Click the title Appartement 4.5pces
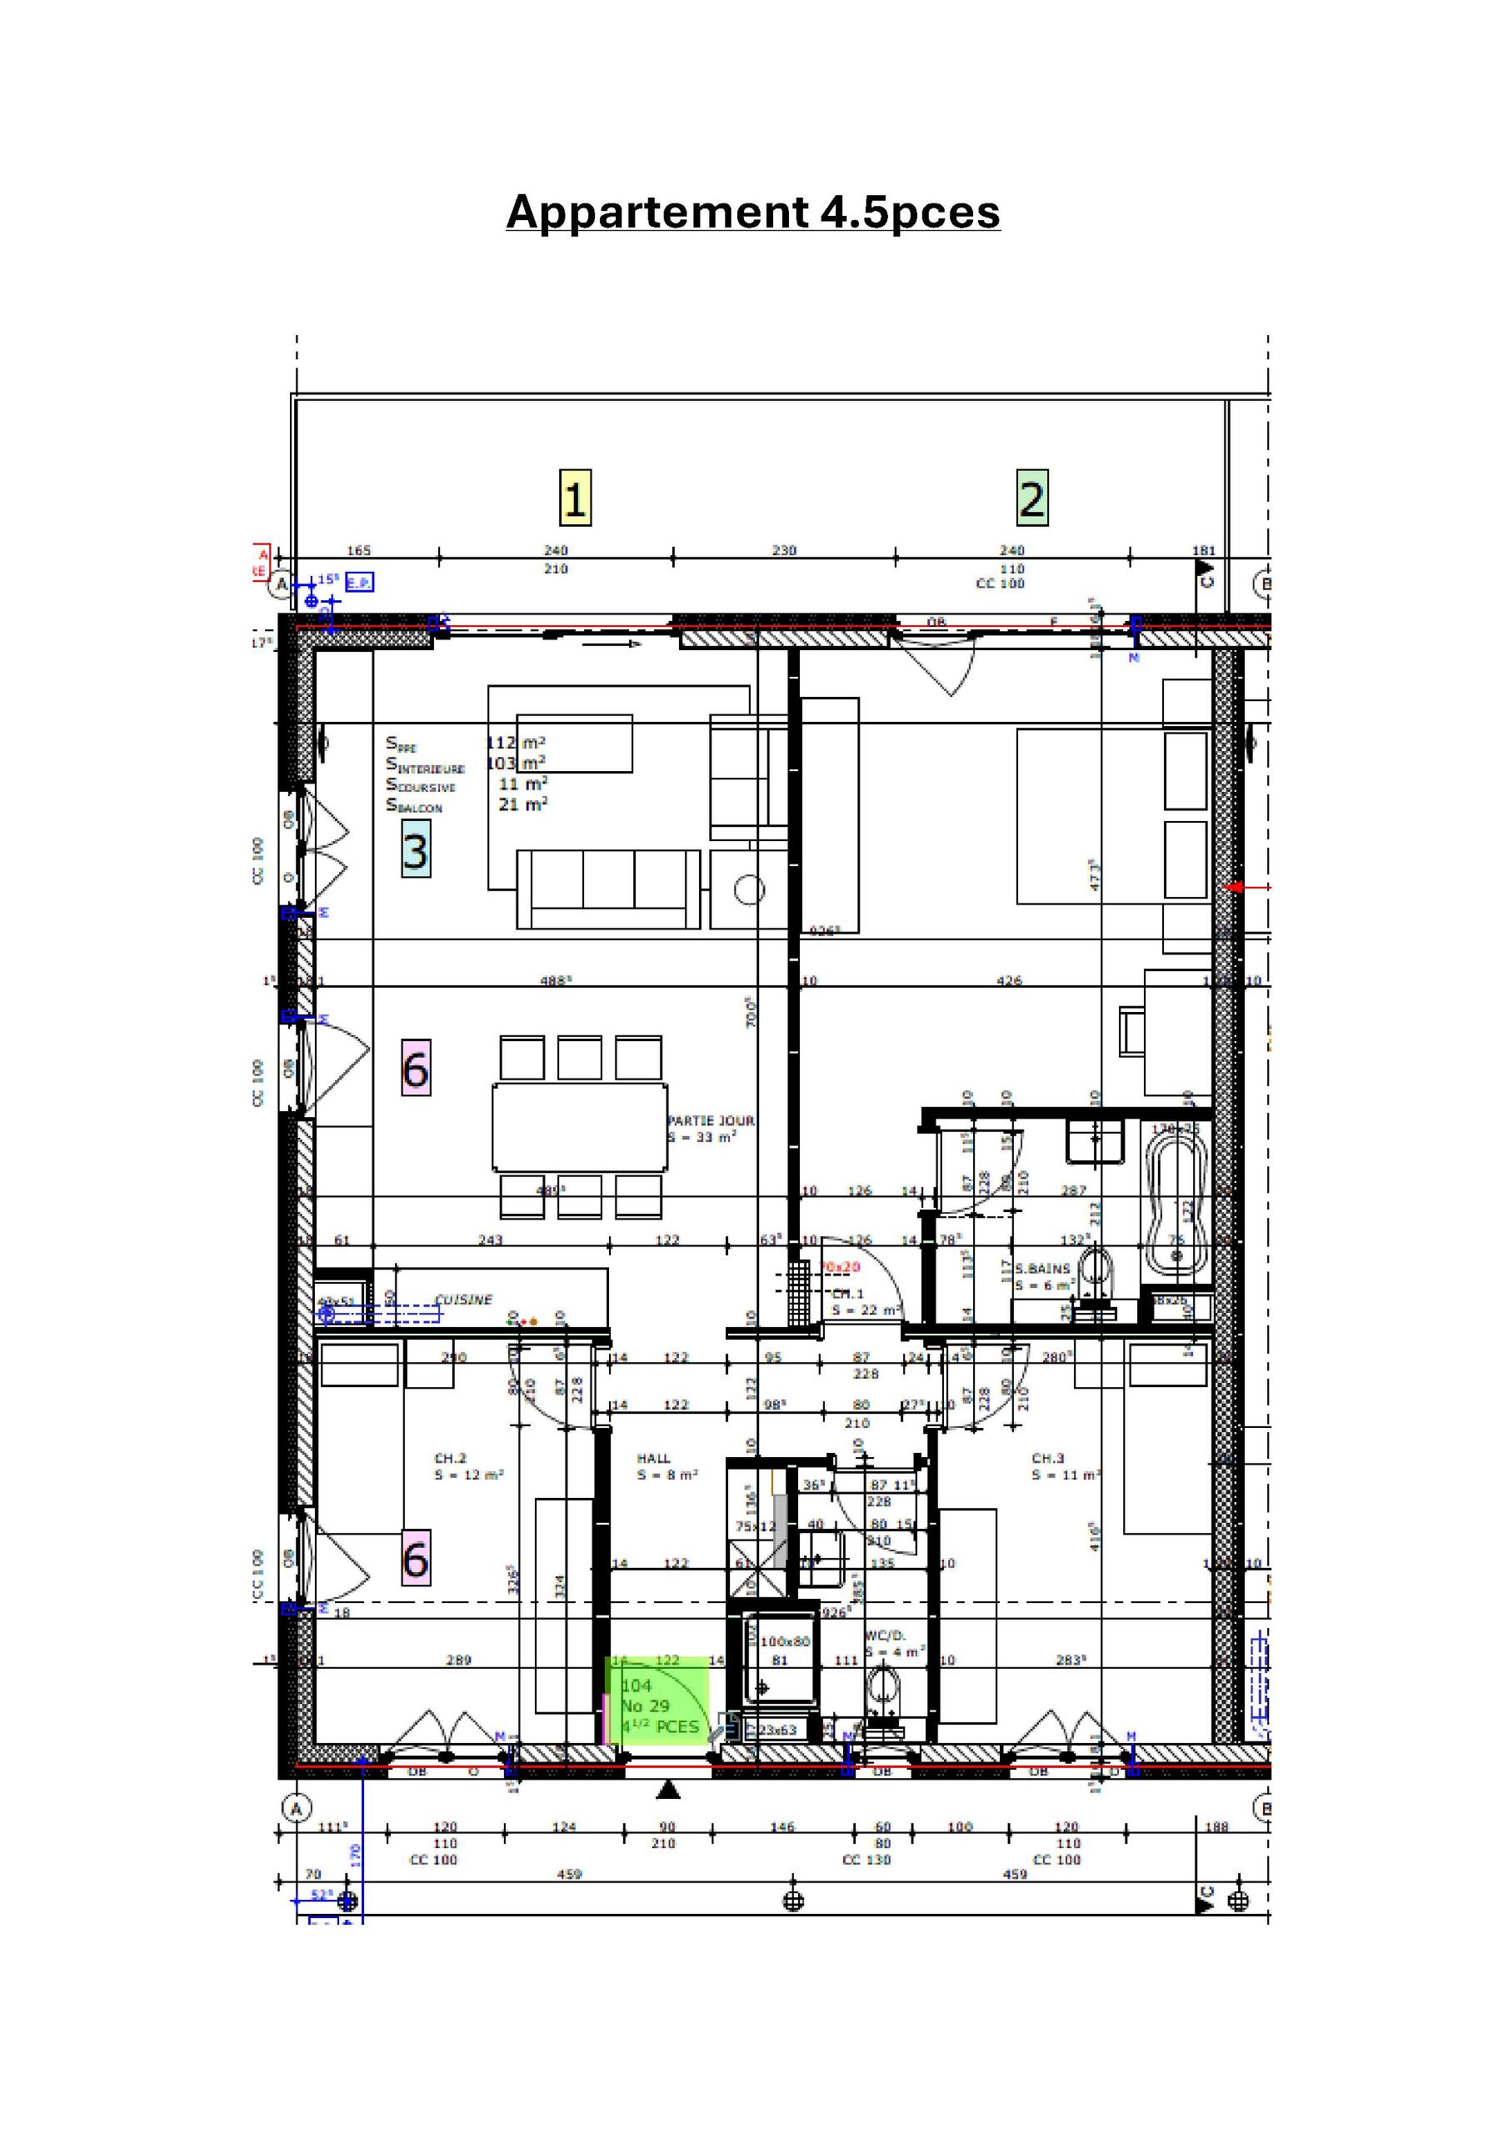coord(752,212)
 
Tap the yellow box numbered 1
coord(575,498)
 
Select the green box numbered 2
coord(1031,498)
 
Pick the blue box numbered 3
coord(416,849)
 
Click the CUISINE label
coord(463,1300)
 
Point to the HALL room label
coord(653,1458)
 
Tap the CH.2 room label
coord(451,1458)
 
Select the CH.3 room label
coord(1047,1458)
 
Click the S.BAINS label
coord(1042,1268)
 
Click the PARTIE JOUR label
coord(710,1121)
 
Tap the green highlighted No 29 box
coord(658,1705)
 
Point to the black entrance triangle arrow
coord(669,1789)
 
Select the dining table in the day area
coord(579,1126)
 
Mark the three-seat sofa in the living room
coord(608,889)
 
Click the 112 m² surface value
coord(516,743)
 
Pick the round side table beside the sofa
coord(749,889)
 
